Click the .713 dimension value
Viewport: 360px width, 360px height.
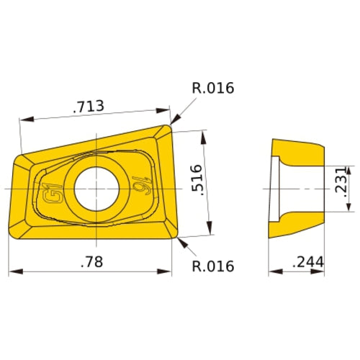click(89, 107)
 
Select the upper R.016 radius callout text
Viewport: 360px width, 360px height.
click(214, 89)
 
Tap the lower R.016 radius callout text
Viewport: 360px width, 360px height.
click(214, 266)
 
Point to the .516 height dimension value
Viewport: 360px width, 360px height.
click(197, 182)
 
